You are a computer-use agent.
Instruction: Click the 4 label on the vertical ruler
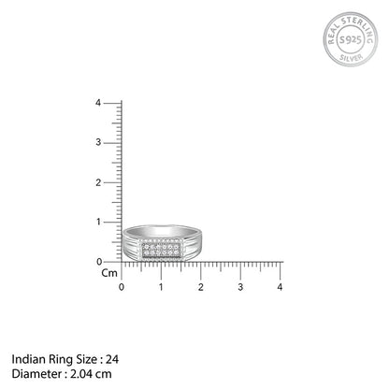(x=111, y=103)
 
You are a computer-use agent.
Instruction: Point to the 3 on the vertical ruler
(x=111, y=142)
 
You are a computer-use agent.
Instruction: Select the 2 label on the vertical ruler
(x=111, y=182)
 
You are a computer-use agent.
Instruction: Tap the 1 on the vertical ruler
(x=111, y=222)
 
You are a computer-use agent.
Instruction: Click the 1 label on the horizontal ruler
(x=161, y=286)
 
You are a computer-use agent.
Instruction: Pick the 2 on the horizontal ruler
(x=201, y=286)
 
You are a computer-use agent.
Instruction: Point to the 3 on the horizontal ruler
(x=240, y=286)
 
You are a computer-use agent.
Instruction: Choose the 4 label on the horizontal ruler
(x=281, y=286)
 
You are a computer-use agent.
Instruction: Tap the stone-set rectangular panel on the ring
(x=162, y=250)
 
